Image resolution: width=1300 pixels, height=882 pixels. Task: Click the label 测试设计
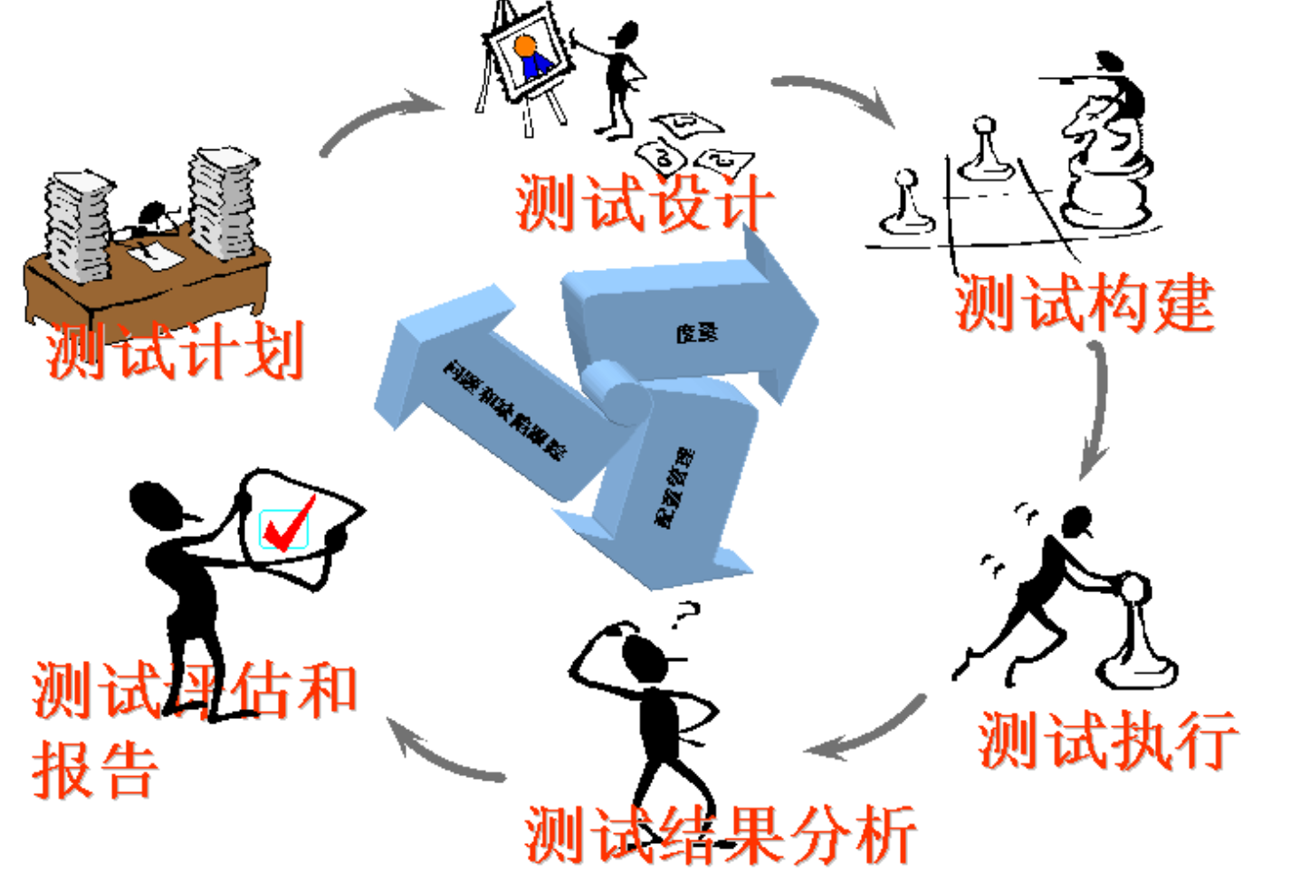click(x=645, y=203)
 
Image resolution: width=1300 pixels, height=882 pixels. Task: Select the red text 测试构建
click(x=1084, y=303)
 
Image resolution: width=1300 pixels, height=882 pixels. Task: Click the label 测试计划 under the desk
click(x=175, y=350)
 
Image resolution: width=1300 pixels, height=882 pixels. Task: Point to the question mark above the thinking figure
click(x=686, y=615)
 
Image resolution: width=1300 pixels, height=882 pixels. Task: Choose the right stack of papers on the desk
click(x=222, y=201)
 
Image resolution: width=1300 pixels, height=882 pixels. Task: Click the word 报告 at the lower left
click(x=95, y=770)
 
